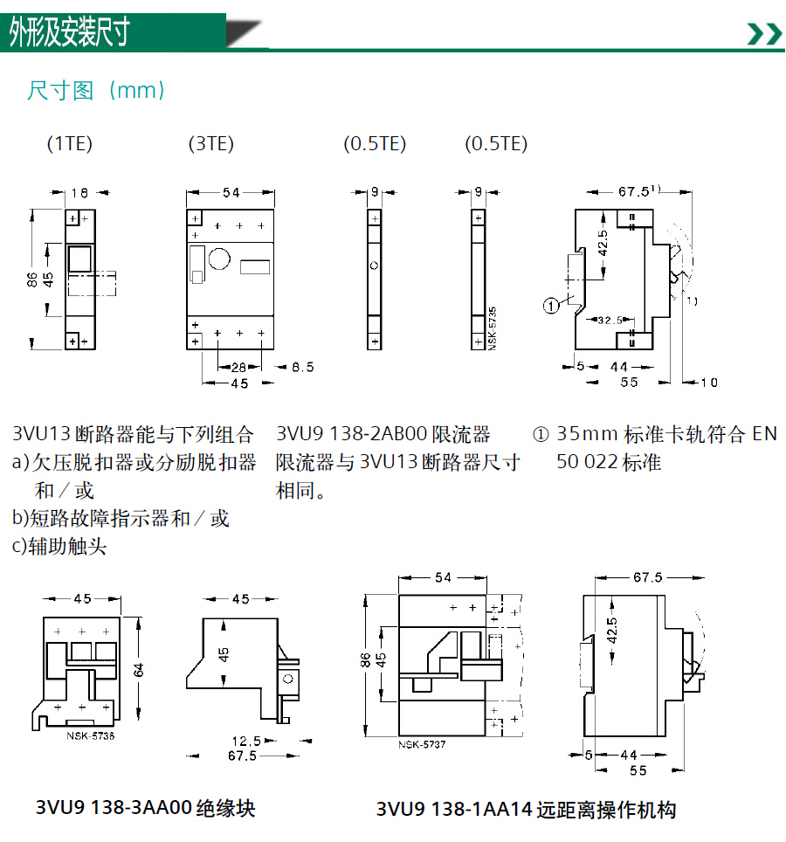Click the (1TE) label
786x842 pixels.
click(x=70, y=144)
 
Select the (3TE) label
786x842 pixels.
click(x=211, y=144)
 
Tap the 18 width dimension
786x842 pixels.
click(x=79, y=193)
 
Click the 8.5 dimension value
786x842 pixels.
click(x=303, y=368)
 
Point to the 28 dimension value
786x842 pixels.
click(x=239, y=368)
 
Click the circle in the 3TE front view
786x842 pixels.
click(x=219, y=259)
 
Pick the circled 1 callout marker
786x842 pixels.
click(x=551, y=306)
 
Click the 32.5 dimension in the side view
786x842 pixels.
click(x=610, y=321)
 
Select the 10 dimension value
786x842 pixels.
click(x=709, y=383)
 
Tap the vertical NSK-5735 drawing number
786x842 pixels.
click(x=493, y=328)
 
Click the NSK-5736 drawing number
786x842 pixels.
click(x=91, y=736)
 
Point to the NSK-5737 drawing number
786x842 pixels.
click(x=422, y=745)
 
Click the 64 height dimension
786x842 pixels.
click(x=139, y=670)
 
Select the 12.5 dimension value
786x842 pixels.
click(x=246, y=742)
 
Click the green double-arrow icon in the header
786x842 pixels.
click(x=764, y=34)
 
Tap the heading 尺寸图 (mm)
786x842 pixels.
click(x=96, y=90)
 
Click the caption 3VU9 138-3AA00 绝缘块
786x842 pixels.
click(x=146, y=808)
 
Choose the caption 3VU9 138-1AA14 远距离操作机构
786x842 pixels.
click(x=526, y=809)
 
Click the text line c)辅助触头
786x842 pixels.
click(x=59, y=547)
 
